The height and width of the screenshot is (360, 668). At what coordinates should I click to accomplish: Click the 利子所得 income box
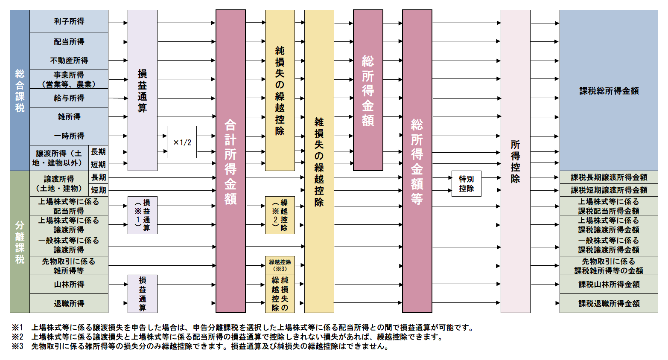point(69,21)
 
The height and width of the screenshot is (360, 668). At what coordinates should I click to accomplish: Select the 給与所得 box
point(69,98)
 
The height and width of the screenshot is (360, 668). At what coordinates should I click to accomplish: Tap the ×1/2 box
point(181,142)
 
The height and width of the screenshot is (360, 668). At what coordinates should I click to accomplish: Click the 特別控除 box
point(467,183)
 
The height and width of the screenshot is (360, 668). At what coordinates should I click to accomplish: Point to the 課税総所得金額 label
point(609,91)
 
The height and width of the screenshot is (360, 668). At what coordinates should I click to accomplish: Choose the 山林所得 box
point(69,285)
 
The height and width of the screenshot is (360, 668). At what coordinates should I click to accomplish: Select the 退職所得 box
point(69,303)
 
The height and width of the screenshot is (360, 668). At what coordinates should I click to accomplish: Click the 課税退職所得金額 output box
point(609,303)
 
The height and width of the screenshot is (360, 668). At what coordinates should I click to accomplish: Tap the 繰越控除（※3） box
point(280,265)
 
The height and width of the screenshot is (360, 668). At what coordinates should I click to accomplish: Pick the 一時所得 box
point(69,136)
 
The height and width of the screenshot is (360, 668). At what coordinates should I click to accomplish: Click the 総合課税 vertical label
point(20,90)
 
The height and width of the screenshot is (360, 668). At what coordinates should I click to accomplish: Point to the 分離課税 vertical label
point(20,242)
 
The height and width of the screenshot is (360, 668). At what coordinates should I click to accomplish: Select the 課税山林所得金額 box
point(609,285)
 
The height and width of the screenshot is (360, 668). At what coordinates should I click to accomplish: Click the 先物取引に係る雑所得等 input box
point(69,266)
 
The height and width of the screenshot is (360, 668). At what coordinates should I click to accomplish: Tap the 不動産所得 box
point(69,61)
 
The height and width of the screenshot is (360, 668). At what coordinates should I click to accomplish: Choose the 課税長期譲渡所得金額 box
point(609,177)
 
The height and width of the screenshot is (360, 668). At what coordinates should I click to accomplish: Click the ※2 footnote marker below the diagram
point(18,337)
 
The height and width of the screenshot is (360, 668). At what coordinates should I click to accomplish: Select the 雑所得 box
point(69,117)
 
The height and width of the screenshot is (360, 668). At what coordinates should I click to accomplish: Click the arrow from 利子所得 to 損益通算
point(118,23)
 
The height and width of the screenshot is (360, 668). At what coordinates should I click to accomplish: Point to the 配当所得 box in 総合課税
point(69,42)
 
